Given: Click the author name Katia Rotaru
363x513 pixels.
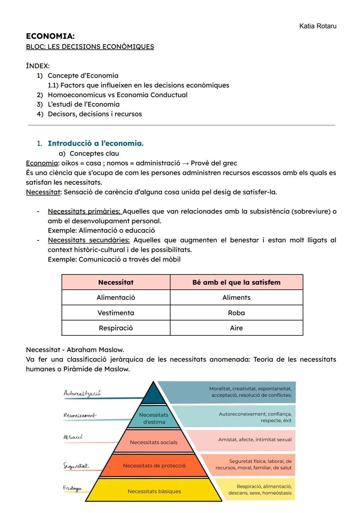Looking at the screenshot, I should (x=317, y=26).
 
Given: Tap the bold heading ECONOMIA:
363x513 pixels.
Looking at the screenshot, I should (x=50, y=36).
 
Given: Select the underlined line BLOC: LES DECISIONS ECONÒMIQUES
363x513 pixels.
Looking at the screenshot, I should (x=90, y=47).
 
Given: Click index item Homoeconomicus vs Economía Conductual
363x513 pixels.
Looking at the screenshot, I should (x=117, y=95).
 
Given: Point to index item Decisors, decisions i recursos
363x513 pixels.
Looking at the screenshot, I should (x=94, y=114).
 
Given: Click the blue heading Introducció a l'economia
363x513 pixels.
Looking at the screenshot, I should (x=95, y=143).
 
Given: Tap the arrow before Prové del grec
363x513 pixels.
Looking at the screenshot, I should (x=186, y=163).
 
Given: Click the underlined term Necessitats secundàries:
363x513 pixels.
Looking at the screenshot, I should (x=88, y=240).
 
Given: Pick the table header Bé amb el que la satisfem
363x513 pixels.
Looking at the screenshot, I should (x=236, y=283).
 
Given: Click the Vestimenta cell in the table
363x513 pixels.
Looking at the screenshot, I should (x=116, y=313).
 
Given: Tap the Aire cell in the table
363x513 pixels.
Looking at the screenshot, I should (x=236, y=328).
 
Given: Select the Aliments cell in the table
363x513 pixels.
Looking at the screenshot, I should (x=236, y=298).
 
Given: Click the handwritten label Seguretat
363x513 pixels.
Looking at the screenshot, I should (x=76, y=466).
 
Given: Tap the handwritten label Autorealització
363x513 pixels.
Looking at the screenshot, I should (x=82, y=393).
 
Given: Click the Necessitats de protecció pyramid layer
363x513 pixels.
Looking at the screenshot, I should (x=154, y=466).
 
